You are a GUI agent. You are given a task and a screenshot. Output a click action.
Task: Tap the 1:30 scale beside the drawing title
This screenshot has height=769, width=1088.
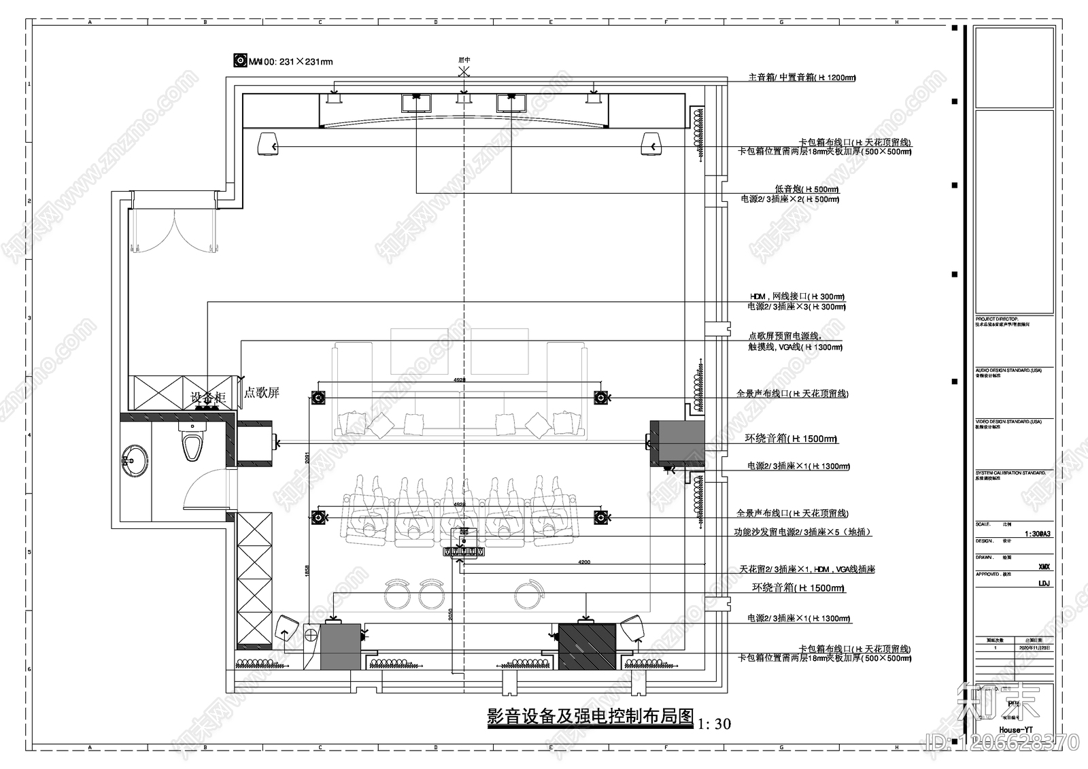[x=715, y=724]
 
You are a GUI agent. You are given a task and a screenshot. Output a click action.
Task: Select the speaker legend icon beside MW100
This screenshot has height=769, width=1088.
[x=240, y=61]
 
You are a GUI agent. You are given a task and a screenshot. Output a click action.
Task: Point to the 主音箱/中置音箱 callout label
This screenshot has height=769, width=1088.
[x=802, y=78]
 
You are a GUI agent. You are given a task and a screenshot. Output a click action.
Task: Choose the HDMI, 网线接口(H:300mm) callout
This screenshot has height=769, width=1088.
[x=796, y=297]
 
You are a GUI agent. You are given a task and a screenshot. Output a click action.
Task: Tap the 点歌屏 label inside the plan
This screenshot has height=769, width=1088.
[x=262, y=393]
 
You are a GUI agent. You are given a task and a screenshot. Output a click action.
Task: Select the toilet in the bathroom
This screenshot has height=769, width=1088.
[x=192, y=444]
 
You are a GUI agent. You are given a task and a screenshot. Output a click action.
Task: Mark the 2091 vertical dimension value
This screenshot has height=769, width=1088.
[x=307, y=458]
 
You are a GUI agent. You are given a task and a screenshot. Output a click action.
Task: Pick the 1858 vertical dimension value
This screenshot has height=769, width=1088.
[x=307, y=570]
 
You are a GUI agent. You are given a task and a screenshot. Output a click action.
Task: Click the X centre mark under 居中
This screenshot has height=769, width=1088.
[x=464, y=71]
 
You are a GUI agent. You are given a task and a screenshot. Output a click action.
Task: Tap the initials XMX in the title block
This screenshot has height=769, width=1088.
[x=1044, y=566]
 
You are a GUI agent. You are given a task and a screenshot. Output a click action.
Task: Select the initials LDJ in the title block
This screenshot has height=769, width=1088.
[x=1044, y=583]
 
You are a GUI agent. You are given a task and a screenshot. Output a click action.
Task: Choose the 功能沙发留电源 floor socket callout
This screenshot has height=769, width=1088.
[x=802, y=532]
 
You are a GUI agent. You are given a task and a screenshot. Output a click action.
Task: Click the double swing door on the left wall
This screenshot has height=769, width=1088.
[x=173, y=231]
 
